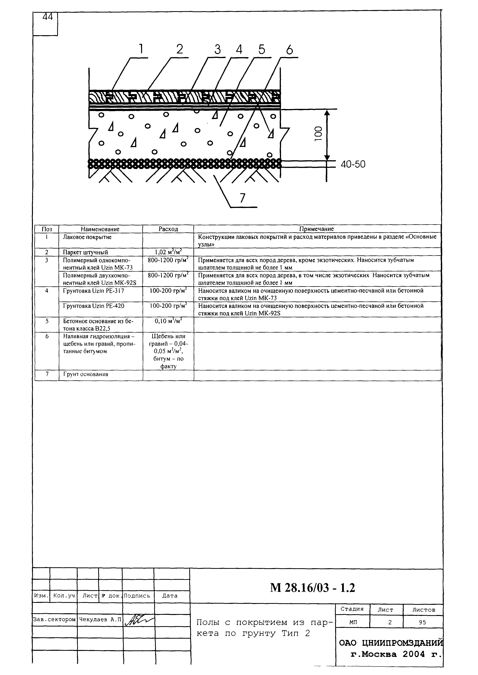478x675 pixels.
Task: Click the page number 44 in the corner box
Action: click(47, 17)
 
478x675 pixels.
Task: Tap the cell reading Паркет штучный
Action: click(85, 252)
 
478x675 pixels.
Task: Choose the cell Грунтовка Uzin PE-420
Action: click(94, 306)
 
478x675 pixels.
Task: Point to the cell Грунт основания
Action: click(85, 374)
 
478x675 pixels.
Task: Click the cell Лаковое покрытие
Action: click(87, 237)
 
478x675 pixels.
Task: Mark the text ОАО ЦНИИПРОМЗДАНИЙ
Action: click(391, 643)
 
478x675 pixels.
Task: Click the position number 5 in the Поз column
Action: click(47, 321)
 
